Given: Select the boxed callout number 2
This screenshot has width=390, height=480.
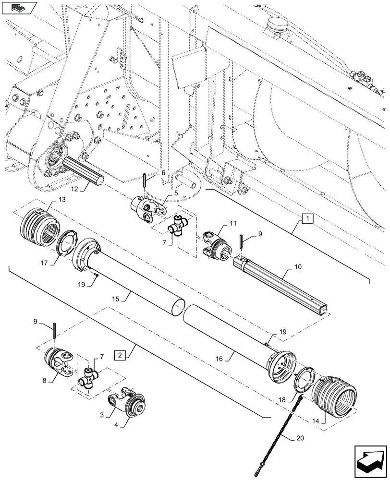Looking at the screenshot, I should click(x=120, y=355).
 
